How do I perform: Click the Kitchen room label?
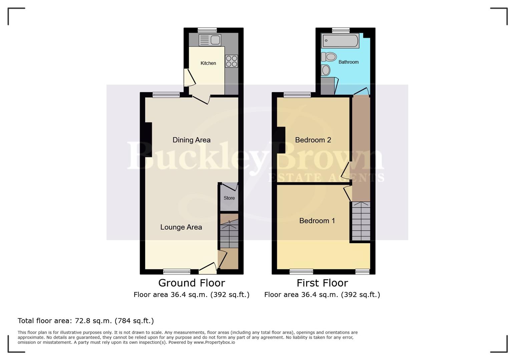[x=208, y=63]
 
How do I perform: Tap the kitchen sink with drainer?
[x=210, y=40]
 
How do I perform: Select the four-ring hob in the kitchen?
[x=231, y=61]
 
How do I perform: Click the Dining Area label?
[x=191, y=140]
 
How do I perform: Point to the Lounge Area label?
[x=181, y=227]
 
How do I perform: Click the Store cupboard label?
[x=229, y=198]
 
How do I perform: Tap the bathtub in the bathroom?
[x=340, y=41]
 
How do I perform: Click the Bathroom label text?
[x=349, y=62]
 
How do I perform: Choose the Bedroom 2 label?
[x=313, y=140]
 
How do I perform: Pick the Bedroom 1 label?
[x=317, y=221]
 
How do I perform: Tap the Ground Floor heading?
[x=191, y=283]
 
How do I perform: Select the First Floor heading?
[x=322, y=283]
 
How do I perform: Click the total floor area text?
[x=86, y=321]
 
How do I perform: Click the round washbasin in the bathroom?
[x=326, y=70]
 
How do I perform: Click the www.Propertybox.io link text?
[x=214, y=342]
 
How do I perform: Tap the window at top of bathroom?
[x=341, y=30]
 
